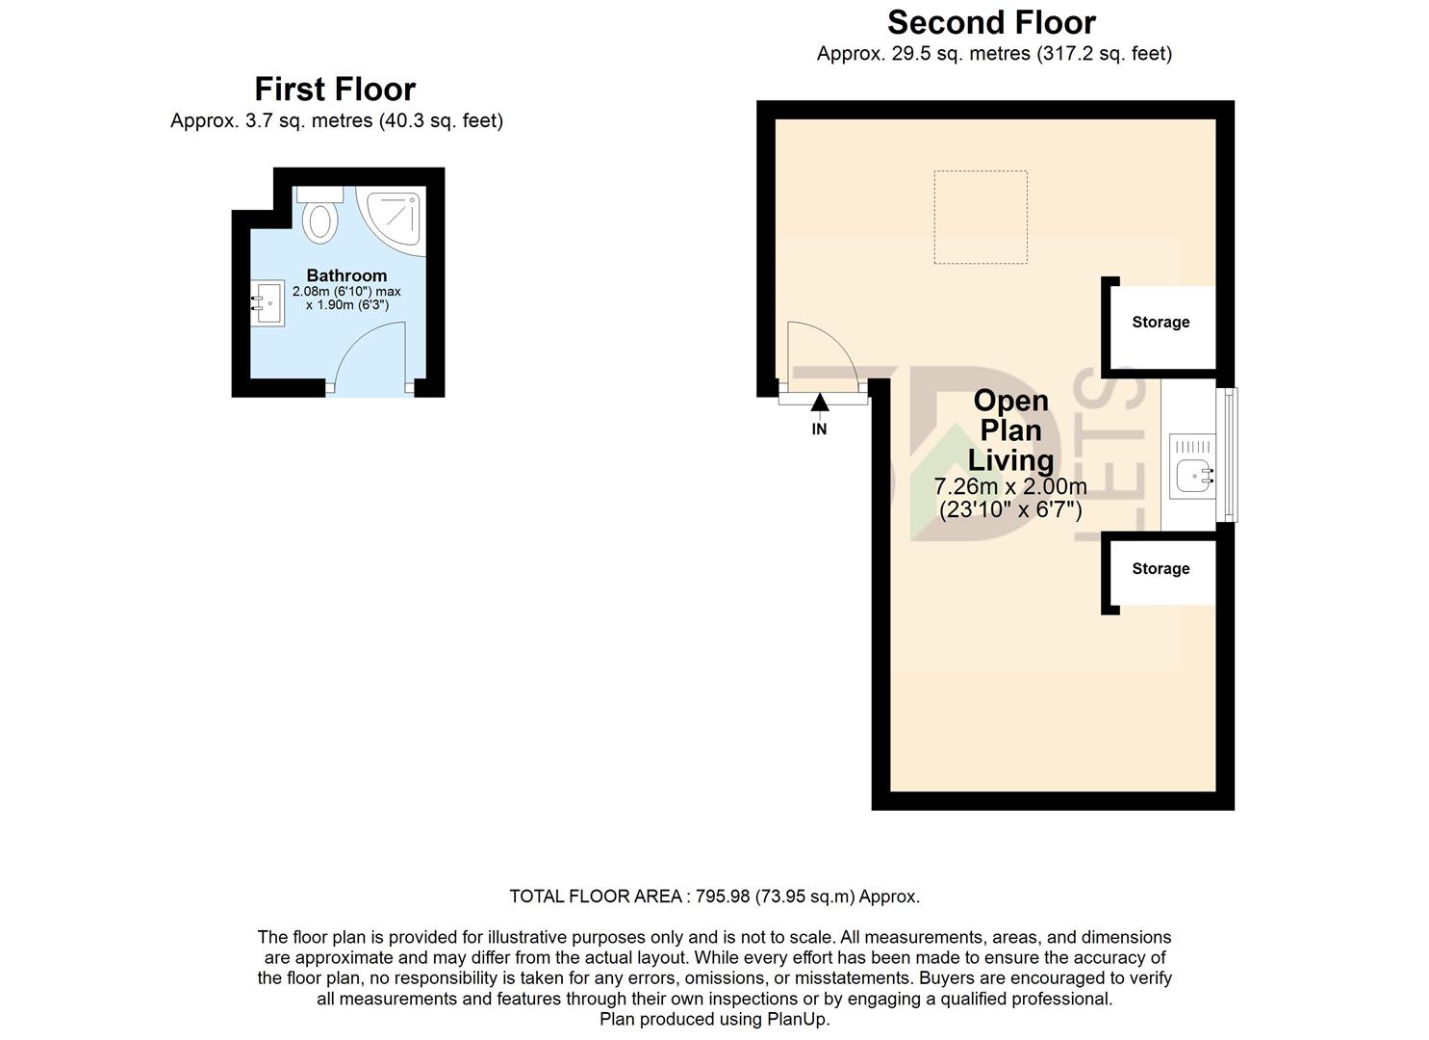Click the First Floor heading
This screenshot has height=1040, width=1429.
tap(335, 89)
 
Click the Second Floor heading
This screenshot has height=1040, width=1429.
tap(991, 22)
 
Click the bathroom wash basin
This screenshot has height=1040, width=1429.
tap(268, 303)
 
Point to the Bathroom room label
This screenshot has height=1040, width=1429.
tap(346, 275)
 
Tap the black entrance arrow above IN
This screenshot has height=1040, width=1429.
tap(819, 403)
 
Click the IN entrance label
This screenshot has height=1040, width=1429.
tap(819, 429)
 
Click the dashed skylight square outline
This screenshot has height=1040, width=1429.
tap(981, 218)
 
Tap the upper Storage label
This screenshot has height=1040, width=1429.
tap(1161, 322)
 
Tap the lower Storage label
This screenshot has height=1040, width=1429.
tap(1161, 568)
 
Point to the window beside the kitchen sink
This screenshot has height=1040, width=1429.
tap(1228, 455)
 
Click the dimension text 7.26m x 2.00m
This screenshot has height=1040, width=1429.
tap(1010, 486)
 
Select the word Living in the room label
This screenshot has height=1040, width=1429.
tap(1010, 460)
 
